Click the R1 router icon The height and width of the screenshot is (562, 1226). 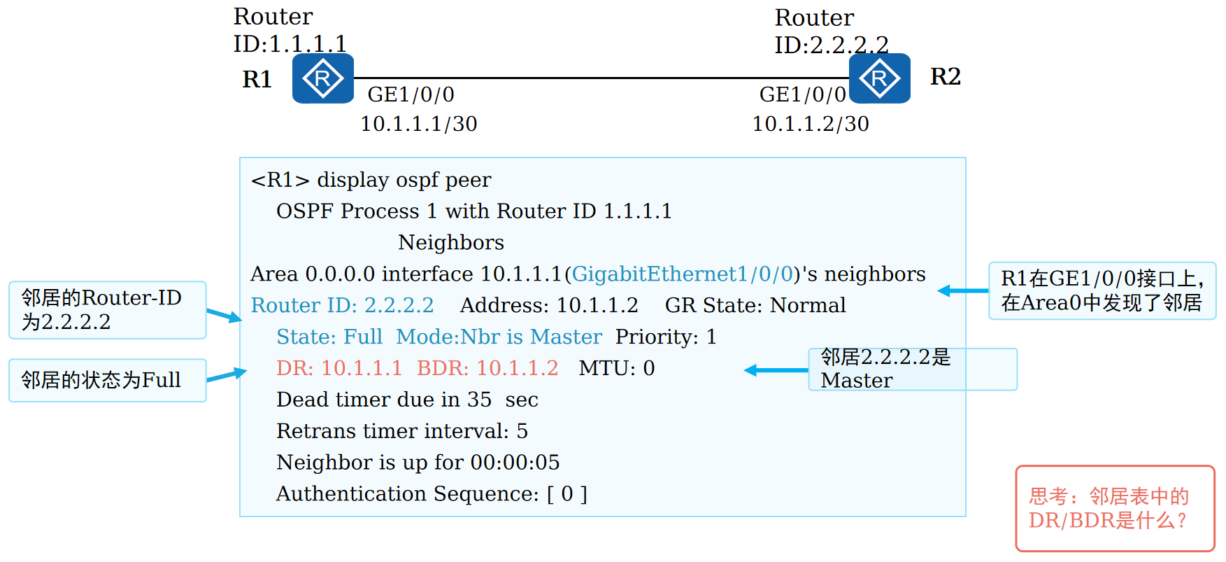(322, 78)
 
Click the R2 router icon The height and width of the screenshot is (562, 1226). (879, 78)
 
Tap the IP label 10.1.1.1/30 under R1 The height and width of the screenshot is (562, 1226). (418, 124)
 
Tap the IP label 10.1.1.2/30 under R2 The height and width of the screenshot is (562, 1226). (810, 124)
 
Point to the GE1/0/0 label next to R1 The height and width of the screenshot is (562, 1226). (411, 94)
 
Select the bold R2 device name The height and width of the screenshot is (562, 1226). (945, 76)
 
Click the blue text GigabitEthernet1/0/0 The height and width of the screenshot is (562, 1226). (682, 274)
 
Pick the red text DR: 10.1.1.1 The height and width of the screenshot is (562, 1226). (339, 368)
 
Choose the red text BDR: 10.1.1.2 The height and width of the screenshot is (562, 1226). (487, 368)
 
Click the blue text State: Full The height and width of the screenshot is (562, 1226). (329, 337)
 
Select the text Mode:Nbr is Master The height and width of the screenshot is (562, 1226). (499, 337)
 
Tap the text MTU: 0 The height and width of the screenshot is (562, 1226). (616, 368)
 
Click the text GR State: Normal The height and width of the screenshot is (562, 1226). (755, 305)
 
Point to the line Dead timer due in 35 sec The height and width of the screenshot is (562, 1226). (407, 400)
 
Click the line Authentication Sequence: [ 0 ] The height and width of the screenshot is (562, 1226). (432, 494)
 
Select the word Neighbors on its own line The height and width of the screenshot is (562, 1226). (451, 242)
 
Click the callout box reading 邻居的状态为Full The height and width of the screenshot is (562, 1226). (107, 380)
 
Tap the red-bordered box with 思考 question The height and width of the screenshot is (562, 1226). (1115, 509)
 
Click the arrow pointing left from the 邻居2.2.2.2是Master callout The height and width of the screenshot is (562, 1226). (775, 370)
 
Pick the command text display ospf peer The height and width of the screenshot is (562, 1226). (404, 180)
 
